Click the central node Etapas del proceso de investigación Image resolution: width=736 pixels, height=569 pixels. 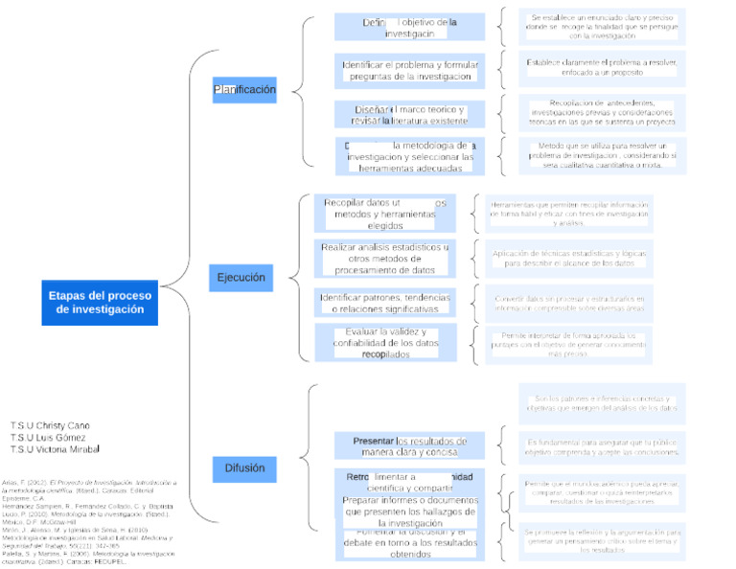click(x=101, y=302)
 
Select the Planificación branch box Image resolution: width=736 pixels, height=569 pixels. click(x=244, y=90)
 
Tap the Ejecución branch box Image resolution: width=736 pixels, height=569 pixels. click(x=241, y=278)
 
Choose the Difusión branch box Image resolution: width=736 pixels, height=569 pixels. click(x=244, y=467)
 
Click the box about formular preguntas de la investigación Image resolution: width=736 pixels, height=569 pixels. click(x=409, y=70)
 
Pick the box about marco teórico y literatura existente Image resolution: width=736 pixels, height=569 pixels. click(x=409, y=115)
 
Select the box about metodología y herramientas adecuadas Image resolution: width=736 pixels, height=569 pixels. click(x=409, y=156)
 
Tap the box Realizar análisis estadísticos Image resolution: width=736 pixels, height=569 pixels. click(x=385, y=259)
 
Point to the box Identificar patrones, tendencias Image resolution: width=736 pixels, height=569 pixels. click(x=385, y=303)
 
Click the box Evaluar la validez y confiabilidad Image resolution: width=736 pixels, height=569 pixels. click(x=385, y=343)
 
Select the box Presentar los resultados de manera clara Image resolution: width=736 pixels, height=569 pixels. click(x=409, y=445)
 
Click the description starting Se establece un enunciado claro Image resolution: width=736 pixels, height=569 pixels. click(x=602, y=28)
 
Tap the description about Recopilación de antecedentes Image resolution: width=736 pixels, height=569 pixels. click(x=602, y=113)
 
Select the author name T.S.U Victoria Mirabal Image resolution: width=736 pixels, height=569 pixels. click(x=55, y=449)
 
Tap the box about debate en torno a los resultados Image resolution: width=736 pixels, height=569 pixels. click(x=409, y=543)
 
